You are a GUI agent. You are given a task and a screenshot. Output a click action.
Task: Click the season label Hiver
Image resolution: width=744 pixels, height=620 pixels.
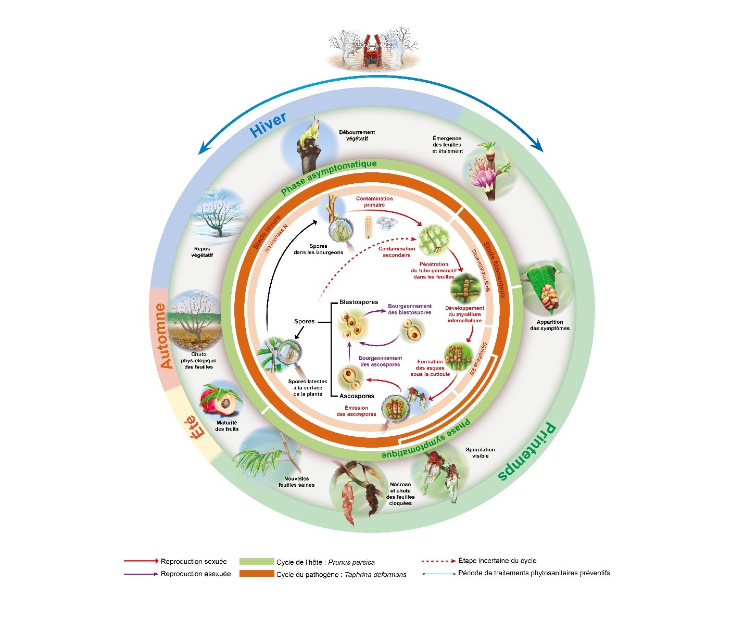coord(268,125)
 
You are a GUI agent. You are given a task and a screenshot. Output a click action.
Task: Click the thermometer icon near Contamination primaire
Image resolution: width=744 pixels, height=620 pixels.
coord(369,227)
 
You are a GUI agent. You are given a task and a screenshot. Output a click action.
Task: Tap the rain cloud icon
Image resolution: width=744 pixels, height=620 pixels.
coord(387,223)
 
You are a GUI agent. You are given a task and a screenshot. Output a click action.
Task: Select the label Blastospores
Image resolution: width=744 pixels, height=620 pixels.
coord(358,302)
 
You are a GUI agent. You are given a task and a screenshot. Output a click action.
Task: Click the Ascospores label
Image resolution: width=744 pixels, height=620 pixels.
coord(357,396)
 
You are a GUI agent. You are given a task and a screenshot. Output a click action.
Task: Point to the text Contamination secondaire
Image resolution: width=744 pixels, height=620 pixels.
coord(397,252)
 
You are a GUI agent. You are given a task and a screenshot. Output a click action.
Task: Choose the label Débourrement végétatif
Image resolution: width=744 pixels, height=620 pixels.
coord(357,135)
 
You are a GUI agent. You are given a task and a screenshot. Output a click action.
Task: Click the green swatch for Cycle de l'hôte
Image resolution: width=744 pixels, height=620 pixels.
coord(257,562)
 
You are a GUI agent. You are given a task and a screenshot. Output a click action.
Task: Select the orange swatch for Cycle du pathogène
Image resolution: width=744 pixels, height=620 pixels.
coord(257,574)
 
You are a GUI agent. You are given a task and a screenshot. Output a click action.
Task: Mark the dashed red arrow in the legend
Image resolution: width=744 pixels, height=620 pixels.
coord(438,561)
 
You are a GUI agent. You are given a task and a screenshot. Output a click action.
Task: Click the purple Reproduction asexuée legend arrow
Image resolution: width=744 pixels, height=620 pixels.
coord(141,574)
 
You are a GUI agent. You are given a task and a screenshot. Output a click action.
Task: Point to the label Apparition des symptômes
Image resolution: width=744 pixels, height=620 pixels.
coord(549,325)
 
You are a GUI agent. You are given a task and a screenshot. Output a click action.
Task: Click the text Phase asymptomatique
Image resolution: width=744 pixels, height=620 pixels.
coord(328,177)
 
